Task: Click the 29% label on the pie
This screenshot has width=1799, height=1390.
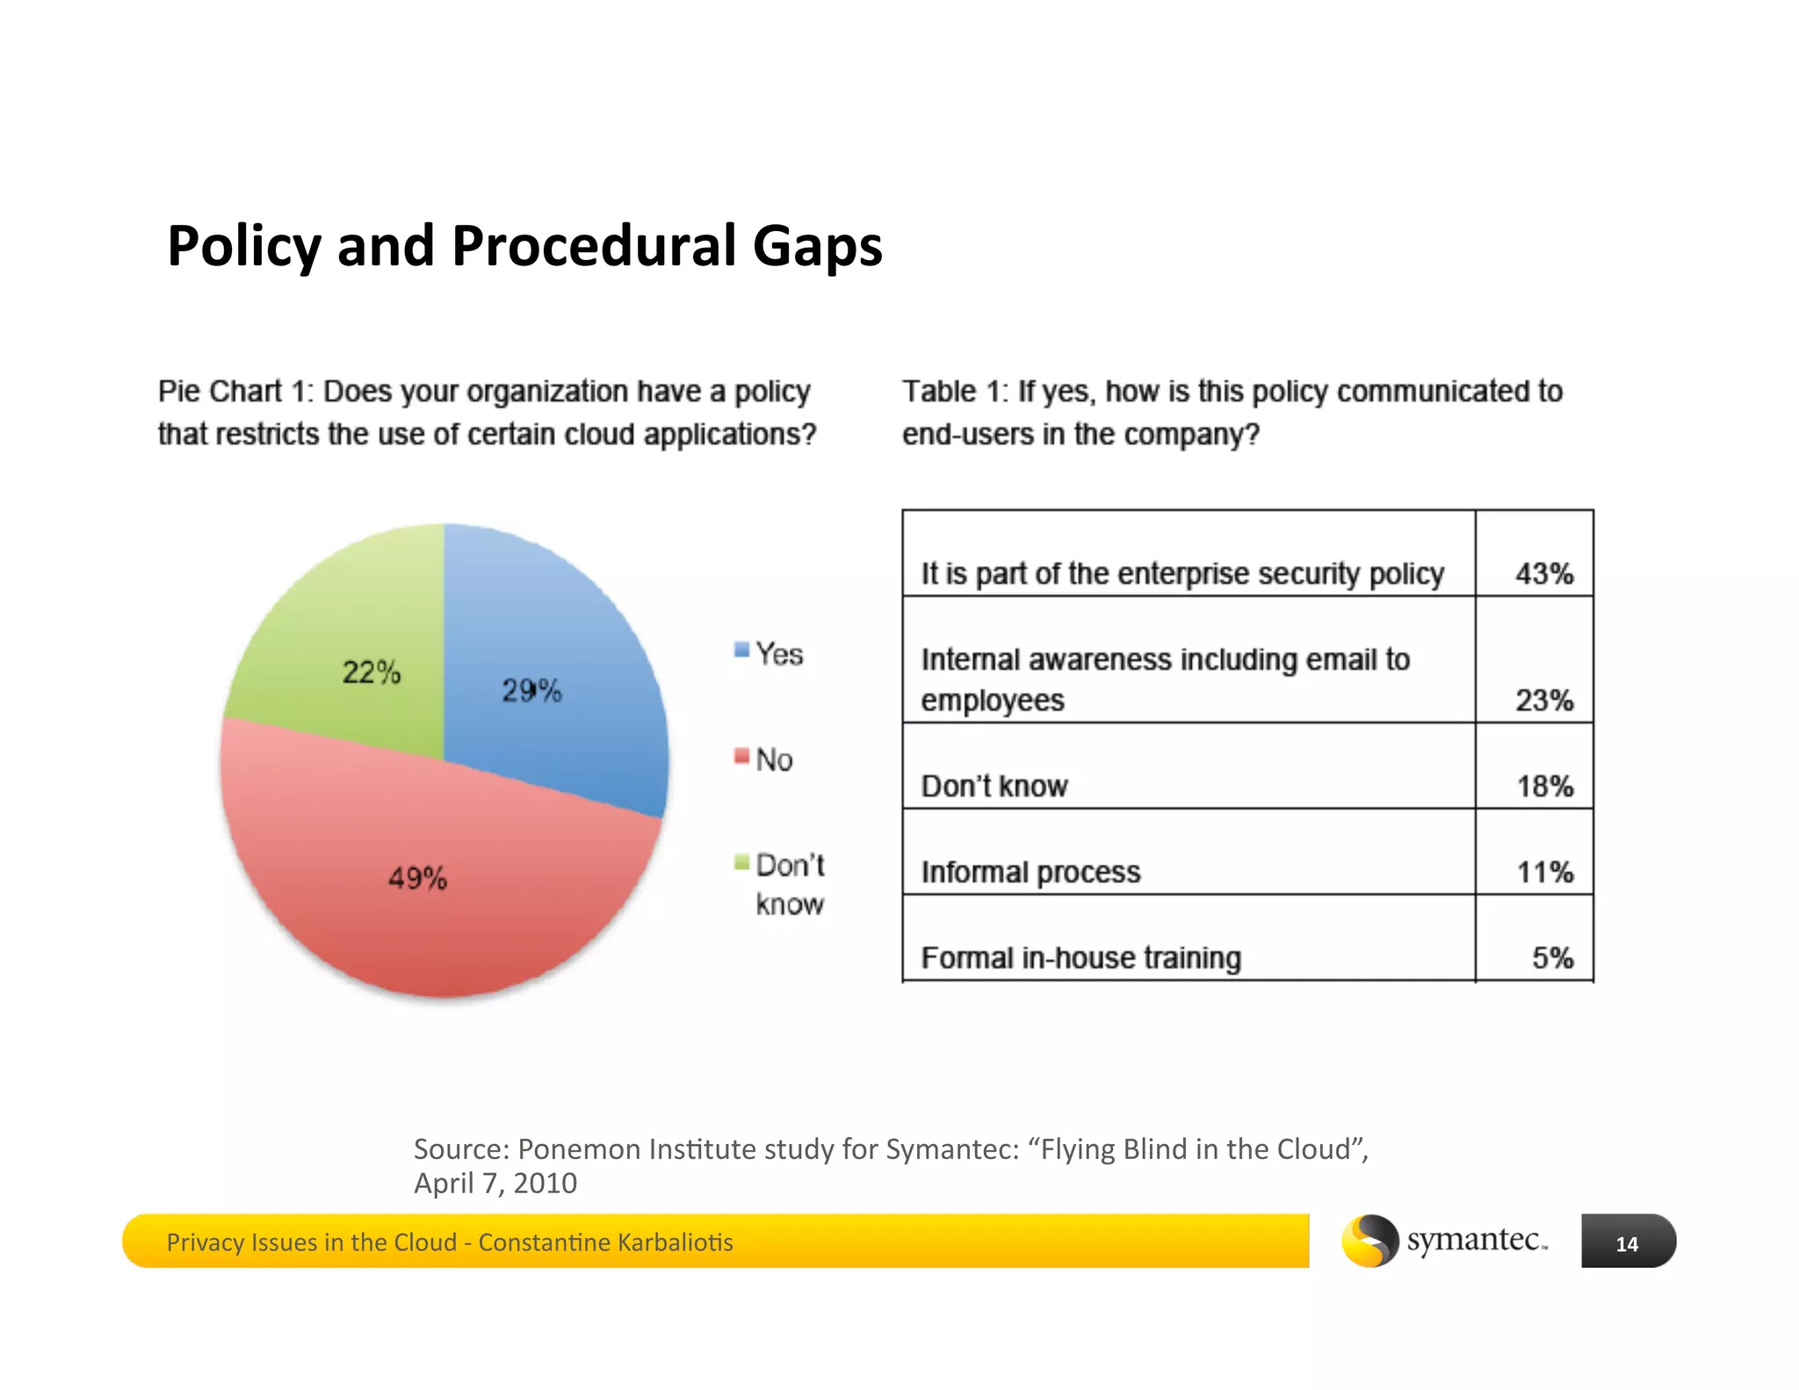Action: point(531,691)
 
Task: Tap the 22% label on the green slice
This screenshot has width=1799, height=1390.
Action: point(371,673)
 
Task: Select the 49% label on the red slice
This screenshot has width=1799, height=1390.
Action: point(417,878)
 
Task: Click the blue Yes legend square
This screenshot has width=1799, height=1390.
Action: point(741,651)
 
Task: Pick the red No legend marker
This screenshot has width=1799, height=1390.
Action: point(741,757)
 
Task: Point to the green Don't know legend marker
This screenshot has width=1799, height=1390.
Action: point(741,862)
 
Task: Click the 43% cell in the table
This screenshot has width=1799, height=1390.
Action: point(1543,574)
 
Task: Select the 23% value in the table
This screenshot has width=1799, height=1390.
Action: point(1543,700)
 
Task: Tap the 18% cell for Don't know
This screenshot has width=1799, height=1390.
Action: point(1544,786)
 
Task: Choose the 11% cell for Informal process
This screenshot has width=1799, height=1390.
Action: point(1544,872)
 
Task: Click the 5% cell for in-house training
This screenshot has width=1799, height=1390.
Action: point(1551,958)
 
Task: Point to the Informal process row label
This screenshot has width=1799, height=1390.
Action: point(1030,872)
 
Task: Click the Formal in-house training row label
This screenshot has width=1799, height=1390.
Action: point(1080,958)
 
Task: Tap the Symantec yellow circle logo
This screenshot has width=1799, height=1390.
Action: point(1369,1241)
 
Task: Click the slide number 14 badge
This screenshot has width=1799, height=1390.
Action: point(1627,1242)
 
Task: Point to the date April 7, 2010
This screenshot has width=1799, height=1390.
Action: point(495,1184)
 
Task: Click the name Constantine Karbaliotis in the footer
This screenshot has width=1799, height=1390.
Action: point(605,1242)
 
